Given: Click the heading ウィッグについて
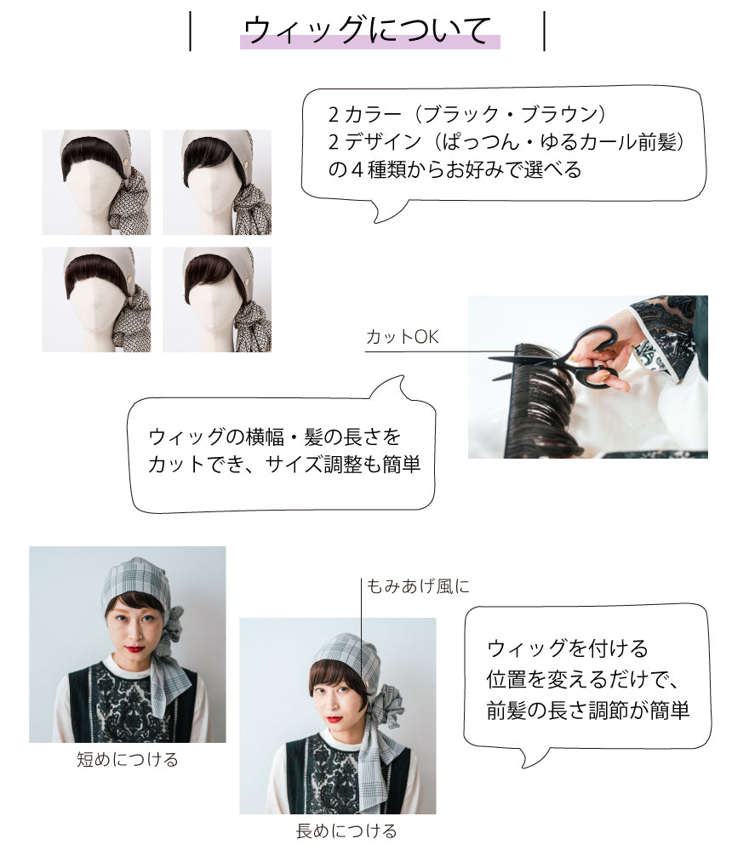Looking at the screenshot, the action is [367, 31].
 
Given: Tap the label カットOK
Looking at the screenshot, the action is [402, 336].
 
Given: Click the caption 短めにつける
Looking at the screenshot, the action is [128, 760].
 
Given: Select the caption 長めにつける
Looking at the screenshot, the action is [346, 831].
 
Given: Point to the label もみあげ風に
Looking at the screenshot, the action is [418, 586].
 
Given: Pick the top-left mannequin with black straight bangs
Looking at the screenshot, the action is [96, 182].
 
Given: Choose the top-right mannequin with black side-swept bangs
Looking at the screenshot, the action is [217, 182].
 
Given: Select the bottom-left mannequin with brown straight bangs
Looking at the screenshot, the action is [96, 300].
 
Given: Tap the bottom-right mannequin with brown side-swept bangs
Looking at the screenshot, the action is [217, 300].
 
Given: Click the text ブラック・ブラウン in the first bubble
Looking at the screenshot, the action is [510, 114].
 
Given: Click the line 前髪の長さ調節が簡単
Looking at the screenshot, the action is [587, 711].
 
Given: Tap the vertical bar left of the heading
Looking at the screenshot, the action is [191, 31].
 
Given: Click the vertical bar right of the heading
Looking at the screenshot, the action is [545, 31].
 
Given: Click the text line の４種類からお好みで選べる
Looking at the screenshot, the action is [455, 169].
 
